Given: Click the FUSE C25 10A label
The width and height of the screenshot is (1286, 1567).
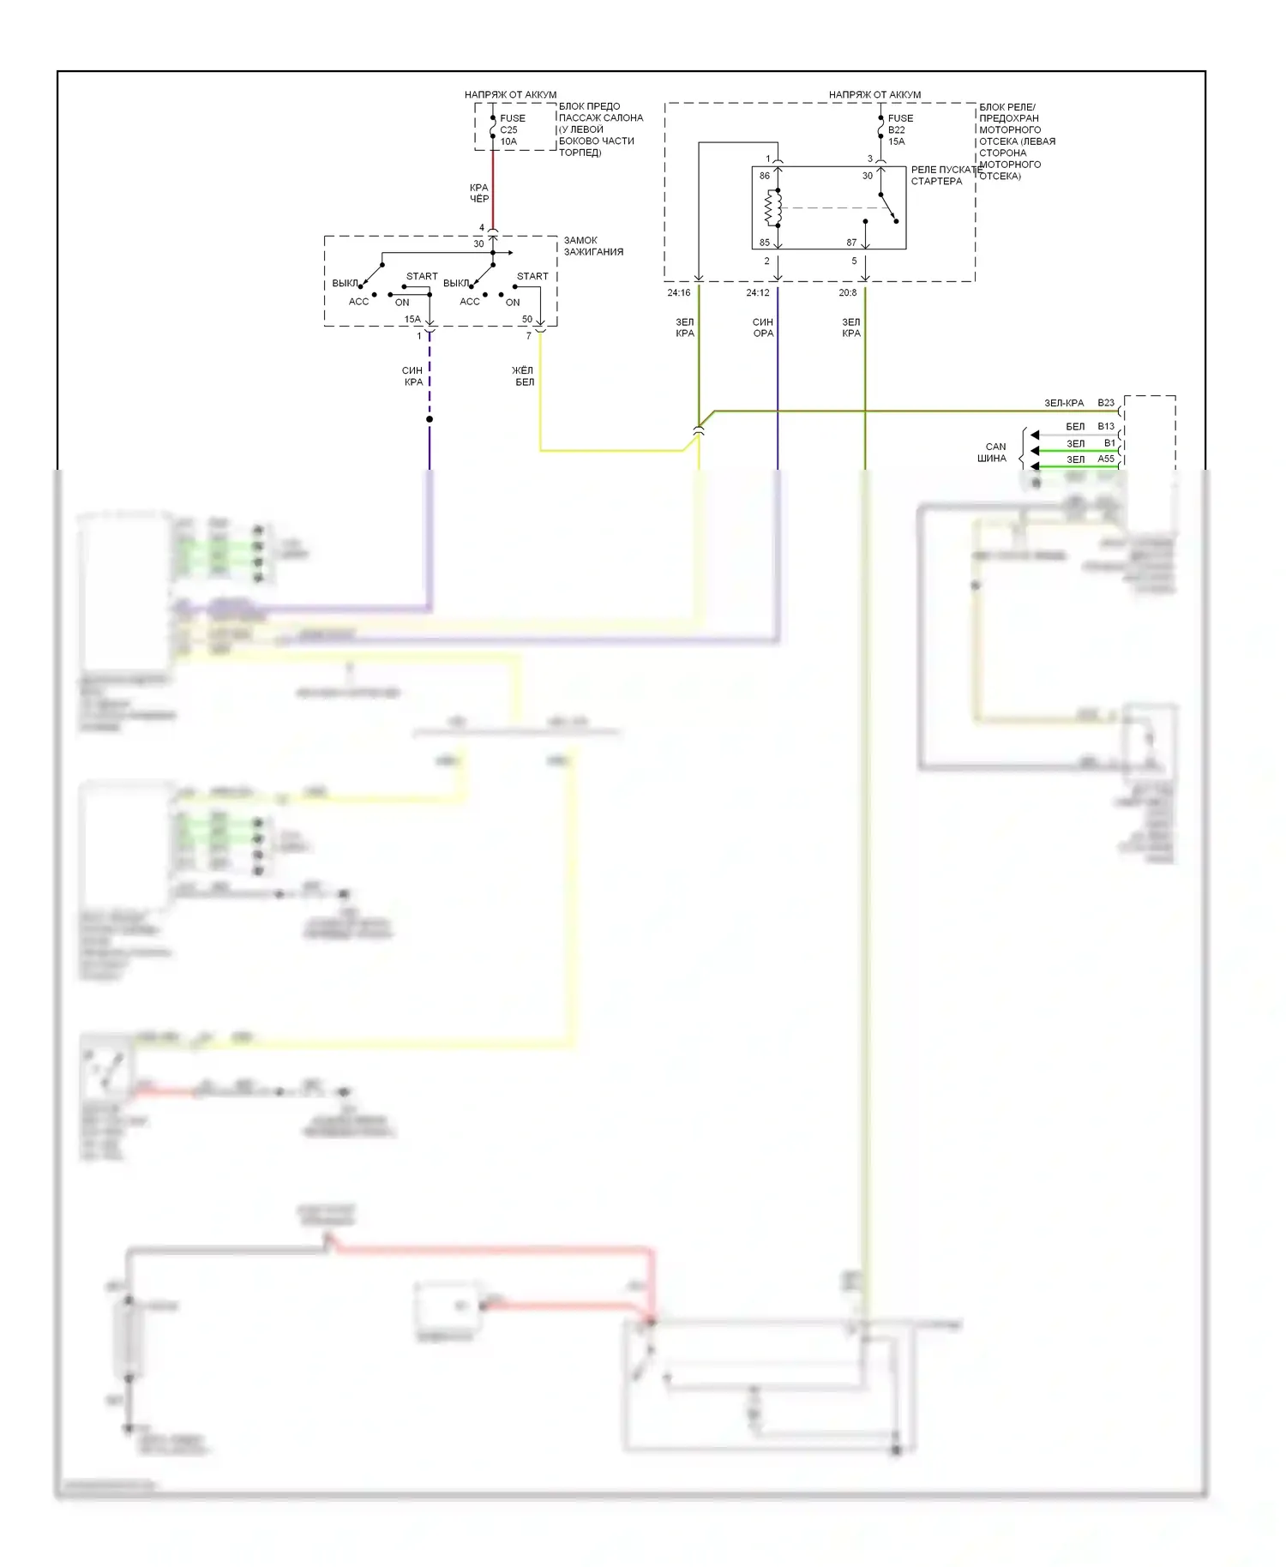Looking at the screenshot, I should click(512, 129).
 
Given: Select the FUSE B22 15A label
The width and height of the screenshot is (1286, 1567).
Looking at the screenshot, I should click(899, 129).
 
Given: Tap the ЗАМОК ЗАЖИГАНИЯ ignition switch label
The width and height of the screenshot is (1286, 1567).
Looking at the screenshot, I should click(592, 246).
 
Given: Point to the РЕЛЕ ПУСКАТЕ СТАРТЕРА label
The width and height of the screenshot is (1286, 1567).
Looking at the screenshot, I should click(943, 176).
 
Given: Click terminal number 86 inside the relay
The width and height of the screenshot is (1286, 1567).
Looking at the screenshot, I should click(764, 176).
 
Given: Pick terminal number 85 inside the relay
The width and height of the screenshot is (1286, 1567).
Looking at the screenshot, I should click(764, 243).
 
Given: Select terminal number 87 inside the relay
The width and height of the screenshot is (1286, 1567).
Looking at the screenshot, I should click(851, 243).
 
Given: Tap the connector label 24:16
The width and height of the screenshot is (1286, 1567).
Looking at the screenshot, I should click(678, 293).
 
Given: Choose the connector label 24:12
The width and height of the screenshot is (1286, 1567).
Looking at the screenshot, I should click(757, 293).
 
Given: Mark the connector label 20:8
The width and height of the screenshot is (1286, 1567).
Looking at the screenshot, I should click(847, 293).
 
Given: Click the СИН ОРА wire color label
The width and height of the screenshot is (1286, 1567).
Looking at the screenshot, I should click(763, 327).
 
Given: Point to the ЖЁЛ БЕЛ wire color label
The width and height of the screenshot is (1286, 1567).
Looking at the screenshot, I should click(523, 376).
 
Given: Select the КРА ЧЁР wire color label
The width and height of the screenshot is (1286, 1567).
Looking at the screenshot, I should click(478, 193).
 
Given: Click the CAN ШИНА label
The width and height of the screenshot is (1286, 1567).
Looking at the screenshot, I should click(993, 453).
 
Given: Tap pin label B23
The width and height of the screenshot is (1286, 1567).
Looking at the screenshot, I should click(1106, 403).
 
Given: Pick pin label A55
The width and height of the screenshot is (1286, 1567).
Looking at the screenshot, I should click(1106, 459).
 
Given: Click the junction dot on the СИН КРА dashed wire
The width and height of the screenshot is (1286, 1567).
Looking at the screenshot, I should click(430, 419).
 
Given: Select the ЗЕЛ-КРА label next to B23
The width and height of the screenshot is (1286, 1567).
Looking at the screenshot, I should click(1063, 403).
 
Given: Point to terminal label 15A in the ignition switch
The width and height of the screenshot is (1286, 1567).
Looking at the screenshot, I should click(412, 320).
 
